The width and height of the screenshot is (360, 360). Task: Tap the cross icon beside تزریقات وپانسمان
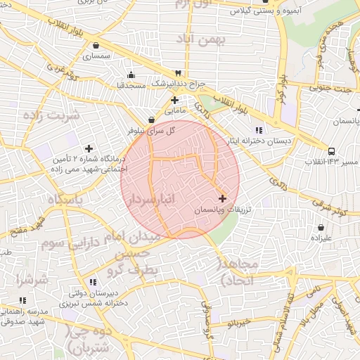point(223,199)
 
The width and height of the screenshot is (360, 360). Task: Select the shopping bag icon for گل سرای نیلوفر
point(152,120)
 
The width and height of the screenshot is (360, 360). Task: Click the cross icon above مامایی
point(174,100)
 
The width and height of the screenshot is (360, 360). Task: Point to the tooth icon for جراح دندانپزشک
point(178,73)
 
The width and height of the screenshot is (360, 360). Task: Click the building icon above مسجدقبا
point(131,75)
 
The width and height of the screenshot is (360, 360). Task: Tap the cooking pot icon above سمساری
point(96,44)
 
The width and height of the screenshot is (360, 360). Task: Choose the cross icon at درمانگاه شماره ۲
point(89,148)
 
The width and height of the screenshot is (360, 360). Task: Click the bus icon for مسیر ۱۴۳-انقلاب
point(331,150)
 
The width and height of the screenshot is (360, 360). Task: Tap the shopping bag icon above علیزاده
point(321,228)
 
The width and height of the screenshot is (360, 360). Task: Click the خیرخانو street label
point(240,323)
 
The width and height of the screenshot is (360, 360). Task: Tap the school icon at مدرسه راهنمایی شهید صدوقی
point(22,300)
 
